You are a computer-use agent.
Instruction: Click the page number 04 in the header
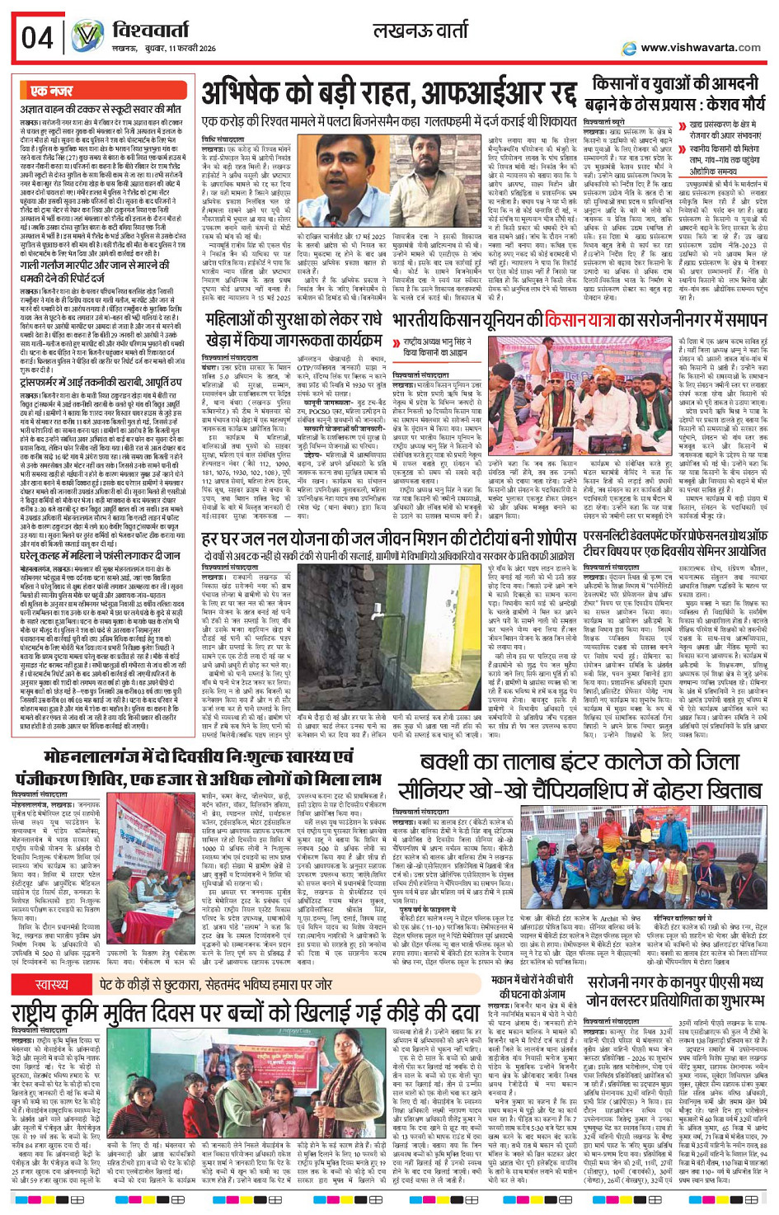[37, 38]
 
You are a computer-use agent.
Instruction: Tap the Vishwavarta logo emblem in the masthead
[87, 36]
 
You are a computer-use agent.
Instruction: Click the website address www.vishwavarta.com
[700, 48]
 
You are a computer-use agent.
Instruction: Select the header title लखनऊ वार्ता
[421, 32]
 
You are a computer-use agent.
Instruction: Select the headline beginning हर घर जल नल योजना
[388, 539]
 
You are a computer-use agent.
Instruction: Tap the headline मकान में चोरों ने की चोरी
[532, 987]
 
